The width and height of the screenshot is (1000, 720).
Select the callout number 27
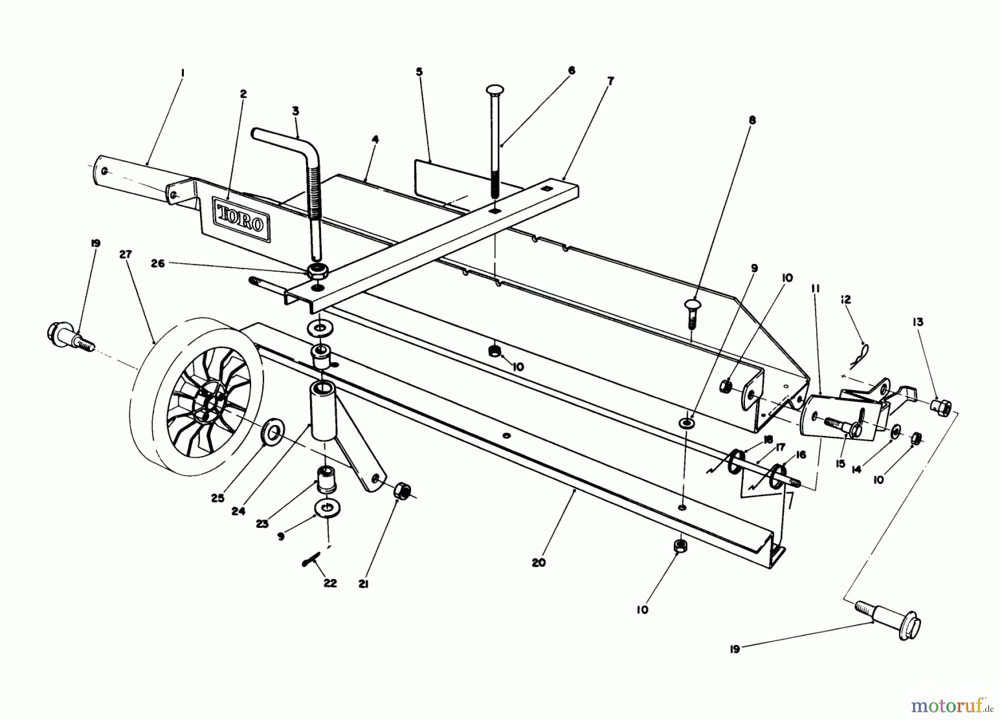[126, 254]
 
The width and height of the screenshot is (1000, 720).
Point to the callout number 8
[752, 119]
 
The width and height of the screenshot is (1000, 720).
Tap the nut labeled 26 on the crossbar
[318, 272]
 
